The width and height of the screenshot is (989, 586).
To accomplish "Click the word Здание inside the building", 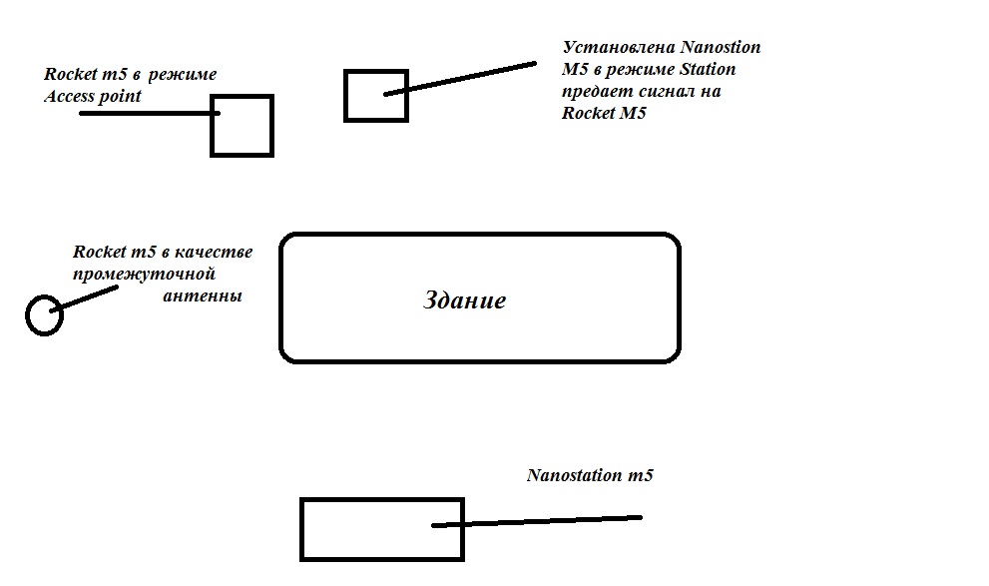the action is tap(464, 300).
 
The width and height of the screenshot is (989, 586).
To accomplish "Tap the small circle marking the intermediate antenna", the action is tap(27, 315).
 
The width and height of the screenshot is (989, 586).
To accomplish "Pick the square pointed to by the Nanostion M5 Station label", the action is tap(345, 96).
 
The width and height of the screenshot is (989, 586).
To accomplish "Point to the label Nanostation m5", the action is tap(590, 475).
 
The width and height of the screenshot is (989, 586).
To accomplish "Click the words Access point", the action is tap(93, 97).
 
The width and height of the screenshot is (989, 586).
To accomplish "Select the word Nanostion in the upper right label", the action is tap(721, 47).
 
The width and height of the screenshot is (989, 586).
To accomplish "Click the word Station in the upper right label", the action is tap(707, 69).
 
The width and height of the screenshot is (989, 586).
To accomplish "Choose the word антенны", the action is tap(203, 295).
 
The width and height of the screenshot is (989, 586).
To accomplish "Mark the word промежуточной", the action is tap(144, 275).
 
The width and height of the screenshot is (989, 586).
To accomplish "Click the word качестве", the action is tap(214, 253).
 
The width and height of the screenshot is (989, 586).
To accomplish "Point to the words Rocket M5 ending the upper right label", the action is tap(604, 113).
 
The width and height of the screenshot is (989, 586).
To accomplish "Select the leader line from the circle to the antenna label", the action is tap(84, 298).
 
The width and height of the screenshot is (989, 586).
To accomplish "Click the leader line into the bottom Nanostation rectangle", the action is tap(537, 521).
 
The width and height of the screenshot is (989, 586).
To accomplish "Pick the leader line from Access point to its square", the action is tap(150, 114).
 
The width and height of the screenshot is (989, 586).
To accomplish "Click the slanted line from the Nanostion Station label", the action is tap(460, 78).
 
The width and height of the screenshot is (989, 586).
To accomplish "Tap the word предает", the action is tap(598, 92).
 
